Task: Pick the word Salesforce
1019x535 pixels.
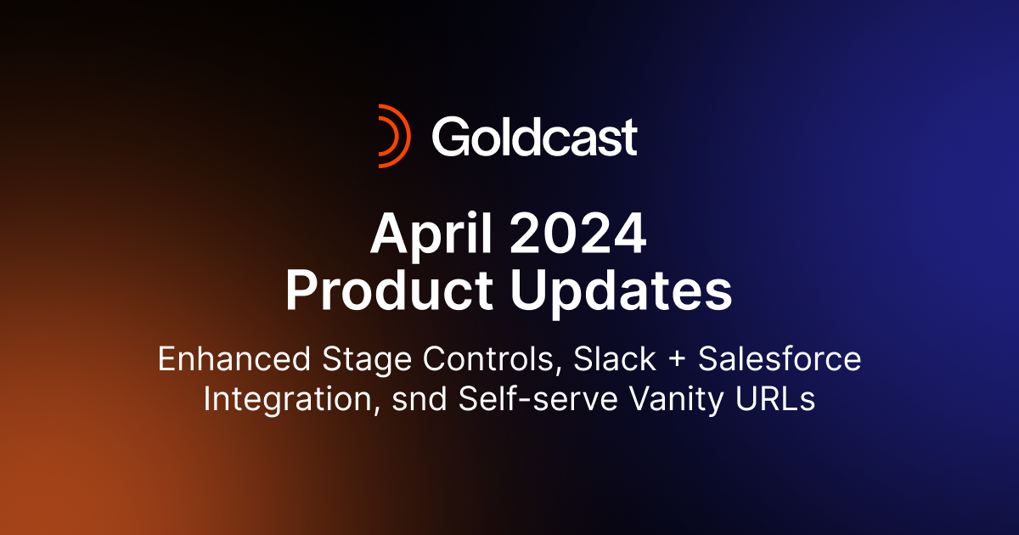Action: [x=780, y=360]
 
